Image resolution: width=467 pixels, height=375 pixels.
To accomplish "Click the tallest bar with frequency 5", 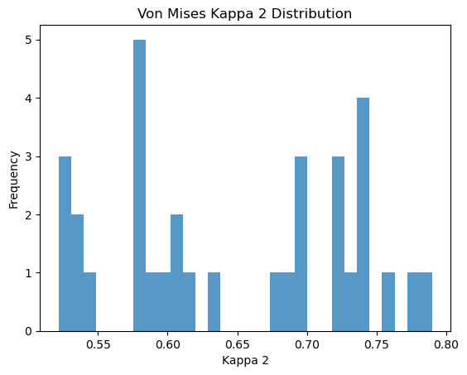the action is click(139, 185).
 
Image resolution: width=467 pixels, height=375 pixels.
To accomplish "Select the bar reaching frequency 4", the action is click(363, 214).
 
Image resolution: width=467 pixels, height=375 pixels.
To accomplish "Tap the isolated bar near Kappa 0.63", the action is click(214, 301).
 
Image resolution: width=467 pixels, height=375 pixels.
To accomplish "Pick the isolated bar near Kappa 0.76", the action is click(388, 301).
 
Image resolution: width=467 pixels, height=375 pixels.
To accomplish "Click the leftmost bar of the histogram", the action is click(65, 244).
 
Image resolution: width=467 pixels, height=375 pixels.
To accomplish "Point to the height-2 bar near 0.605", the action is click(176, 273).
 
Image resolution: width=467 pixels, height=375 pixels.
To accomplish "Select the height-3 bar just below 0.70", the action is click(301, 244).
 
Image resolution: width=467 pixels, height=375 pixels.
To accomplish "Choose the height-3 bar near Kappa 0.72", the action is click(339, 244).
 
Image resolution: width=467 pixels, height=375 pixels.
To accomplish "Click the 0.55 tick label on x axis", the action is click(99, 344).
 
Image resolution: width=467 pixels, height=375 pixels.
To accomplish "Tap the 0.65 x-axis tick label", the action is click(238, 344).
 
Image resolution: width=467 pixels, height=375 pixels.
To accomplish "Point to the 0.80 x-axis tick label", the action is click(446, 344).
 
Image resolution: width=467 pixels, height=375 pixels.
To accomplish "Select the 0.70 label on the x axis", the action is click(307, 344).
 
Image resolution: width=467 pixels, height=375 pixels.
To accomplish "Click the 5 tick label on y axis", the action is click(29, 41).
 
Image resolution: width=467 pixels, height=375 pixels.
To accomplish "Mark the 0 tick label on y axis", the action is click(29, 331).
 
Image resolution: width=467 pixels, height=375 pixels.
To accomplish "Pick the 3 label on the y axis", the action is click(29, 156).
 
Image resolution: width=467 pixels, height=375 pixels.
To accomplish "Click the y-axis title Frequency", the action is click(14, 180).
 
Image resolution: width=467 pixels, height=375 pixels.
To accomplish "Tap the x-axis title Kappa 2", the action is click(245, 360).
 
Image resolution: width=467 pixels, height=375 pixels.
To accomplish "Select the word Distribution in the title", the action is click(311, 14).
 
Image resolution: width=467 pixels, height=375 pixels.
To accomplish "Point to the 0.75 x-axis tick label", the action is click(377, 344).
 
